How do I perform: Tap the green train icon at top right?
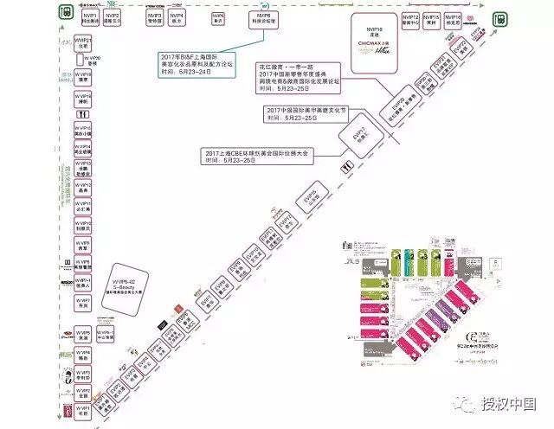500,18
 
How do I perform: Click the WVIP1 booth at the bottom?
82,412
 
